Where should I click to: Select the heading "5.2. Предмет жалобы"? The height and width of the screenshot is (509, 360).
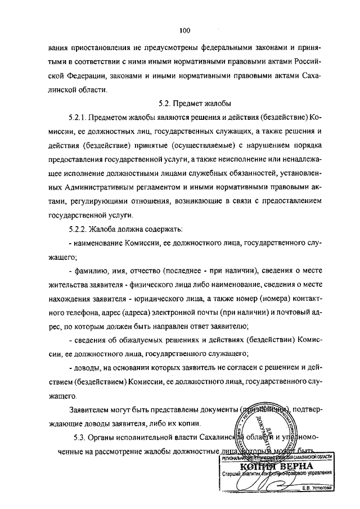(x=185, y=103)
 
